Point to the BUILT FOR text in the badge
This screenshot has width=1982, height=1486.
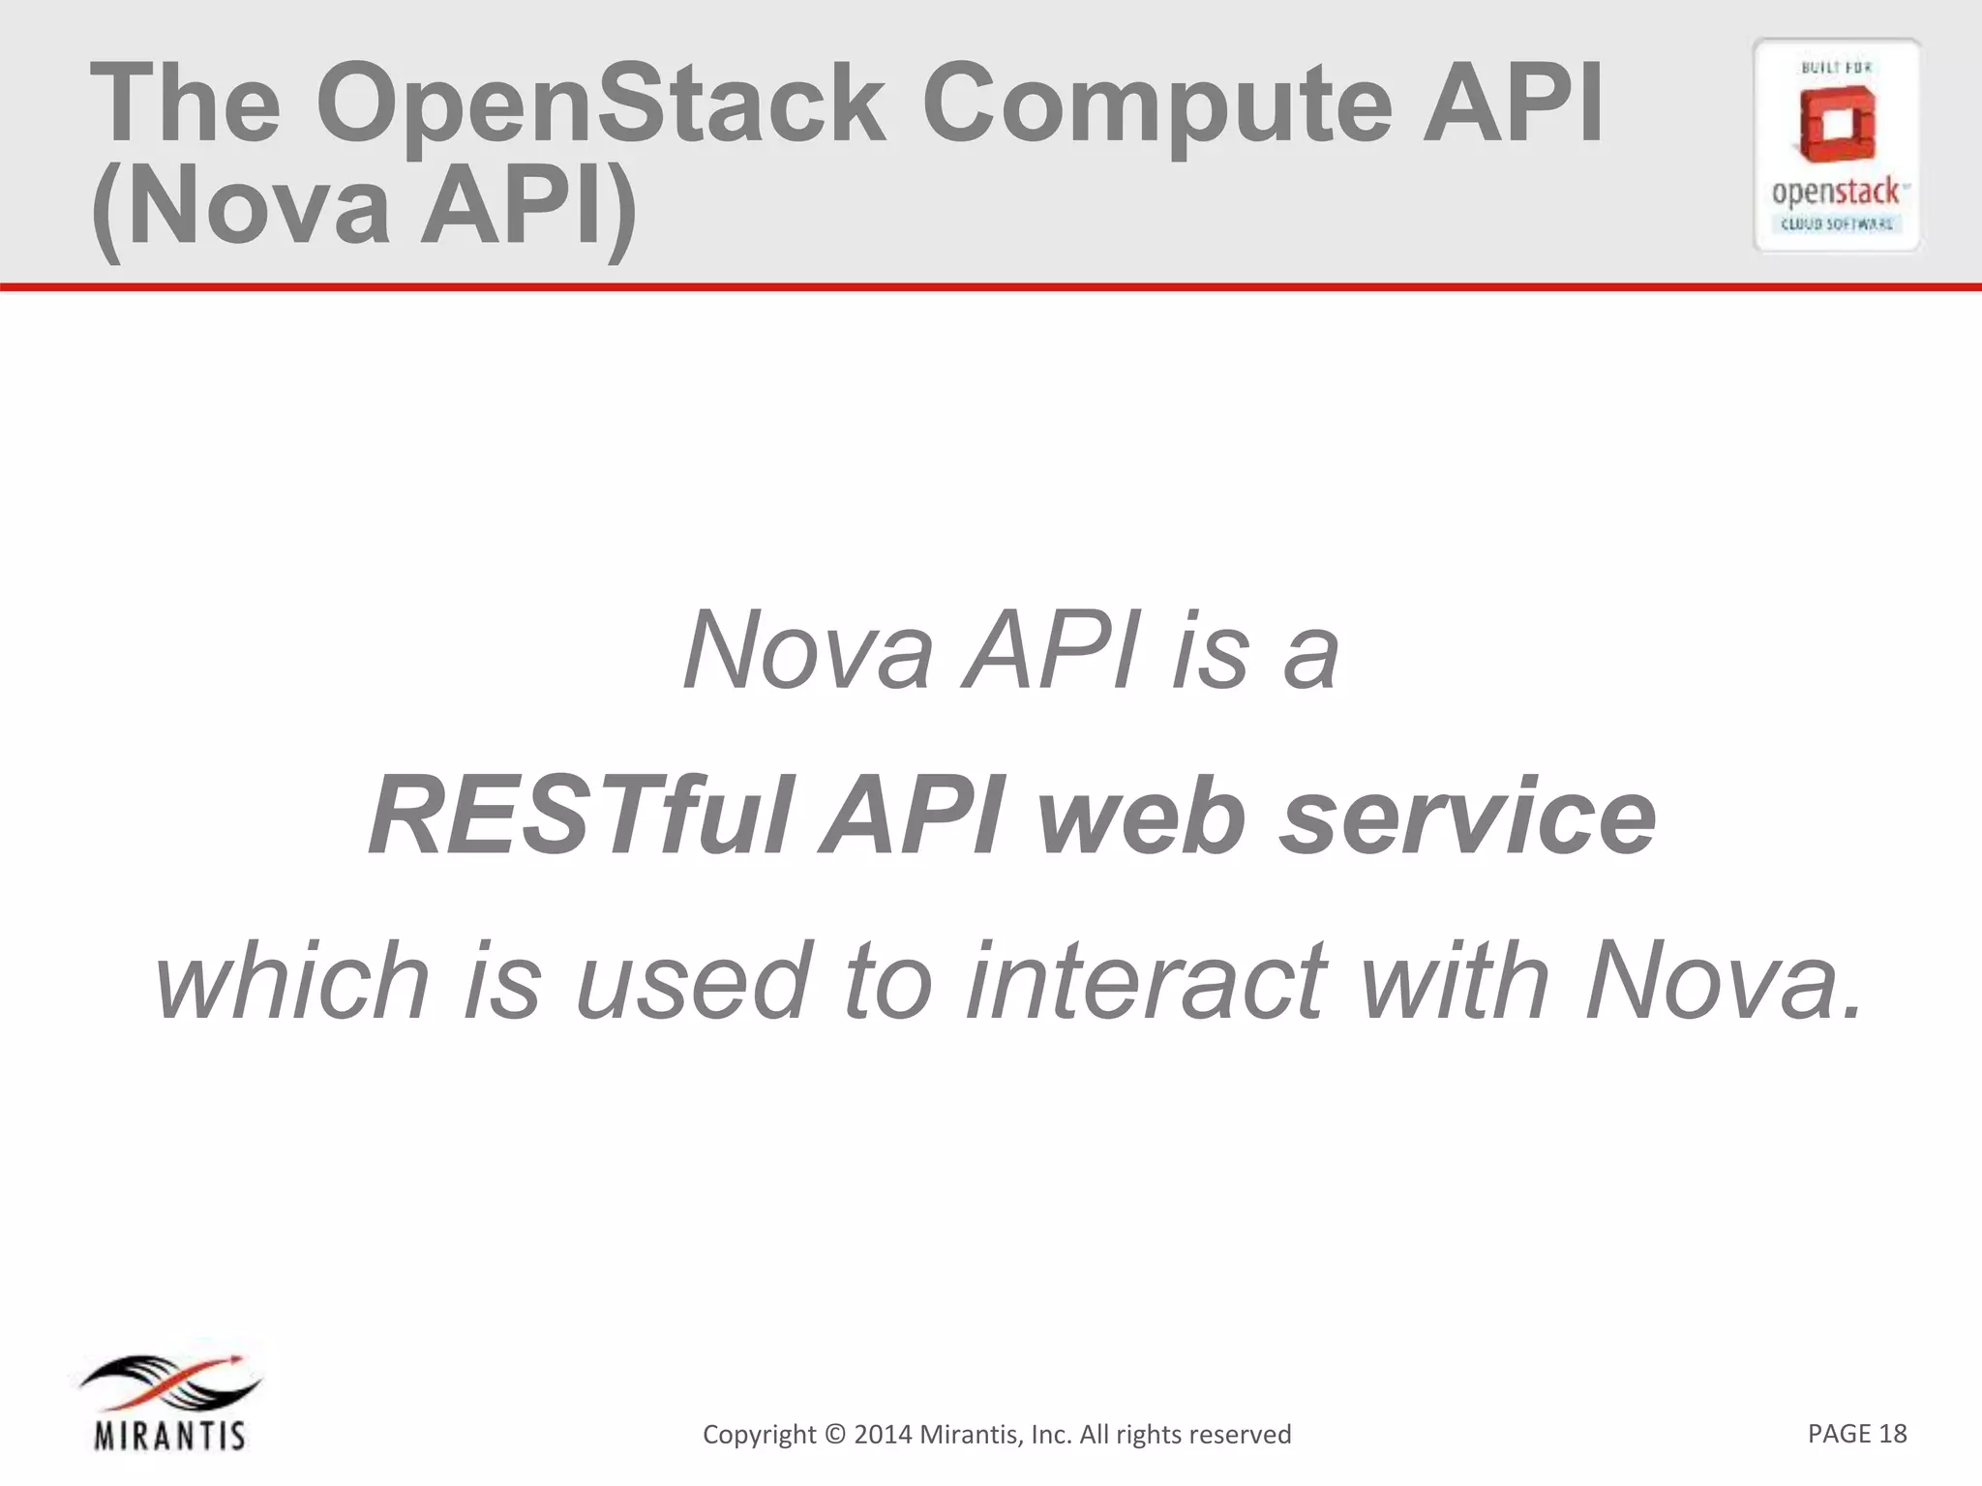(1836, 68)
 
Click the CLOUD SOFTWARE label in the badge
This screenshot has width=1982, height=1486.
(1837, 224)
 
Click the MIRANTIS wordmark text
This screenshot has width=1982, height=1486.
(169, 1435)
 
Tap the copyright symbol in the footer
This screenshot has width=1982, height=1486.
(835, 1435)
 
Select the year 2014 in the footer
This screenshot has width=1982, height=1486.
(883, 1435)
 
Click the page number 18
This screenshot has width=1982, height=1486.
(1893, 1433)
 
